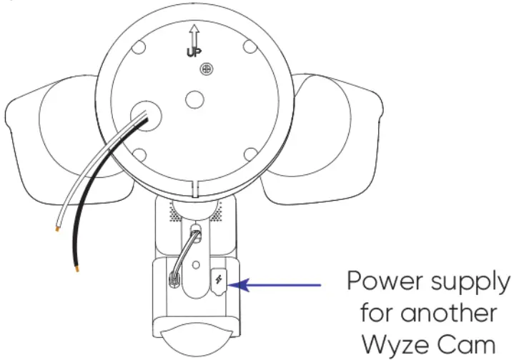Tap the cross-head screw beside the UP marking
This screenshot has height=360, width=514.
206,69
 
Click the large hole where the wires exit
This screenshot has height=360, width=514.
144,115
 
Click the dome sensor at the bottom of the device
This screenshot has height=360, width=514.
195,344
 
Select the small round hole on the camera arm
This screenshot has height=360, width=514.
196,266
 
